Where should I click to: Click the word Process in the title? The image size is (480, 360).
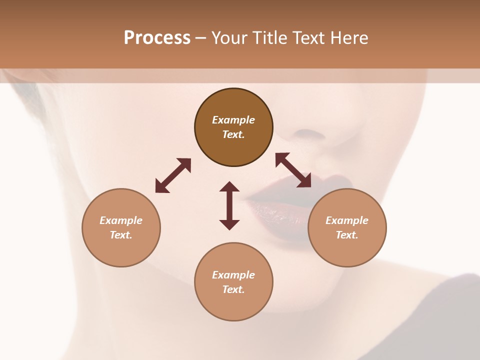pyautogui.click(x=157, y=38)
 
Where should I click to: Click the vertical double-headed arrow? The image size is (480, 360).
pyautogui.click(x=229, y=205)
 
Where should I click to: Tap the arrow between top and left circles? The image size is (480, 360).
pyautogui.click(x=173, y=175)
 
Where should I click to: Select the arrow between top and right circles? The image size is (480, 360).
pyautogui.click(x=293, y=170)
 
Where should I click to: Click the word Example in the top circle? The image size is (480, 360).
pyautogui.click(x=233, y=120)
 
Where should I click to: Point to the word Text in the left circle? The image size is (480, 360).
pyautogui.click(x=121, y=235)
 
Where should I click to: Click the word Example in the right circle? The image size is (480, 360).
pyautogui.click(x=347, y=220)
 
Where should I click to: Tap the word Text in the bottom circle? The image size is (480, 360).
pyautogui.click(x=233, y=289)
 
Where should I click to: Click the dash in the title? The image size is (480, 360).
pyautogui.click(x=201, y=38)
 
